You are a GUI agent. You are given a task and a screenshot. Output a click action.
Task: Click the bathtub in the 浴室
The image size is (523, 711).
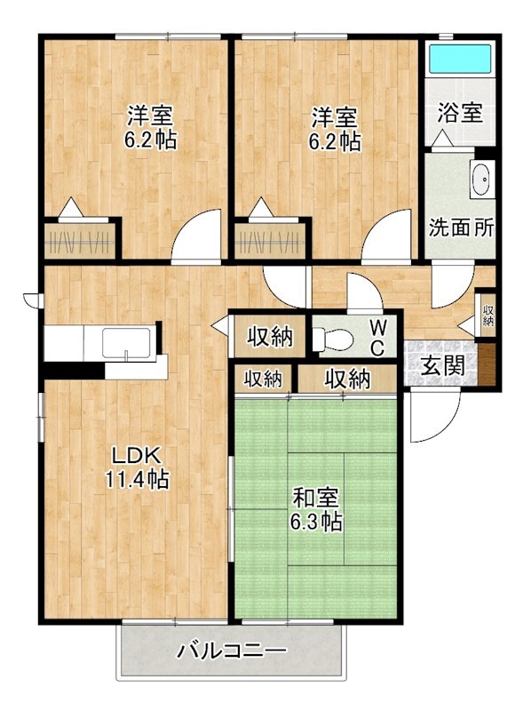click(459, 59)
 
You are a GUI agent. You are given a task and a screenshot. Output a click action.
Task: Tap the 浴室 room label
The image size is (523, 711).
click(460, 113)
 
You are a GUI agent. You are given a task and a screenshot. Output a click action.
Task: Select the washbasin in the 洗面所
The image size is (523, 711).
click(482, 180)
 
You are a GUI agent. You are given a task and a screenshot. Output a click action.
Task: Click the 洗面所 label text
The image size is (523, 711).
click(461, 226)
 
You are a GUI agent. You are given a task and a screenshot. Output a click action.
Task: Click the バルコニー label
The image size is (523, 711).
click(231, 651)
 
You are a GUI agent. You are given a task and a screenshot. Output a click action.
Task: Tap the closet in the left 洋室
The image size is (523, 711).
click(81, 238)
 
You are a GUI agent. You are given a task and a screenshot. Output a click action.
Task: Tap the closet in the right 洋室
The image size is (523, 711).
click(270, 238)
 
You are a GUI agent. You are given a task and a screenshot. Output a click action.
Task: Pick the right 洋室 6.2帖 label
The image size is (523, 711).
click(335, 128)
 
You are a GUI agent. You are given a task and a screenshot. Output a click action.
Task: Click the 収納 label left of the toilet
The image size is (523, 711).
click(269, 337)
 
